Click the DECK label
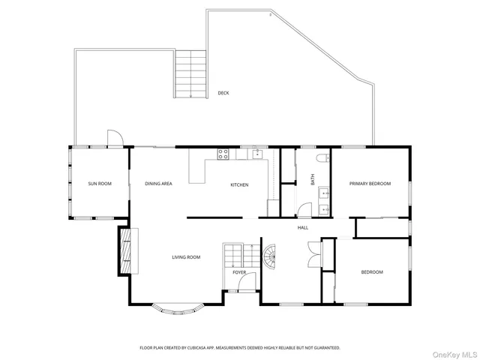tap(223, 93)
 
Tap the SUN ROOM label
tap(100, 184)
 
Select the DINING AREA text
tap(158, 184)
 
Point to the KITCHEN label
tap(239, 185)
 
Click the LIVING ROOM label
tap(186, 257)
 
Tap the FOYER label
tap(239, 272)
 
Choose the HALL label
tap(303, 227)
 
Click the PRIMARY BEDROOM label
tap(370, 184)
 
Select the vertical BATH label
tap(313, 180)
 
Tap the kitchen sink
tap(256, 154)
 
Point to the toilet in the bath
tap(322, 158)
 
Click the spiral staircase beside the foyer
tap(268, 258)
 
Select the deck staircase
tap(190, 74)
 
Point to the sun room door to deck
tap(113, 139)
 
